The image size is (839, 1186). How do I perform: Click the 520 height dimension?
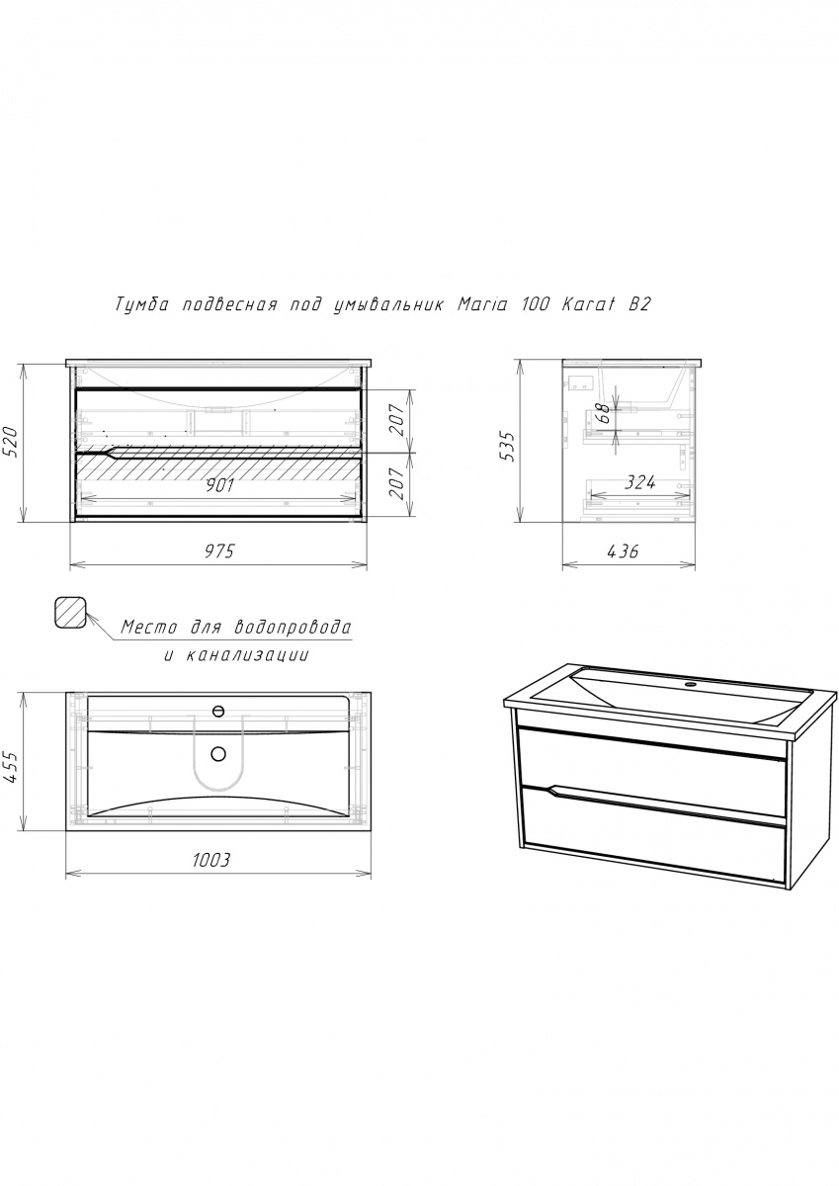click(x=12, y=442)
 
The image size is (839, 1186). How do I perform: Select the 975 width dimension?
click(x=219, y=551)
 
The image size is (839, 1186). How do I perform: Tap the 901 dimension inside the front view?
click(x=218, y=485)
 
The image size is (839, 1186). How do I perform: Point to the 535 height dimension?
click(x=508, y=447)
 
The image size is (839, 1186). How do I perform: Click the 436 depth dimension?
click(x=623, y=551)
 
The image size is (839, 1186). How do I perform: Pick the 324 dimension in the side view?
click(x=640, y=482)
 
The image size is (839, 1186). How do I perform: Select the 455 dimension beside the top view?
click(x=12, y=768)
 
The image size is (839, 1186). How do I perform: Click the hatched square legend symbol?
click(x=70, y=612)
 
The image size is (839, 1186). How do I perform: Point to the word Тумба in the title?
click(x=142, y=305)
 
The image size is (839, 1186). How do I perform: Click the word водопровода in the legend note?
click(x=293, y=628)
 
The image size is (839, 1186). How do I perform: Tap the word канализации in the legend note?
click(x=247, y=655)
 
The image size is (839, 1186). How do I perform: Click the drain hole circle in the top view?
click(x=218, y=753)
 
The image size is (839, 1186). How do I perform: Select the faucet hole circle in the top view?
click(x=218, y=711)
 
